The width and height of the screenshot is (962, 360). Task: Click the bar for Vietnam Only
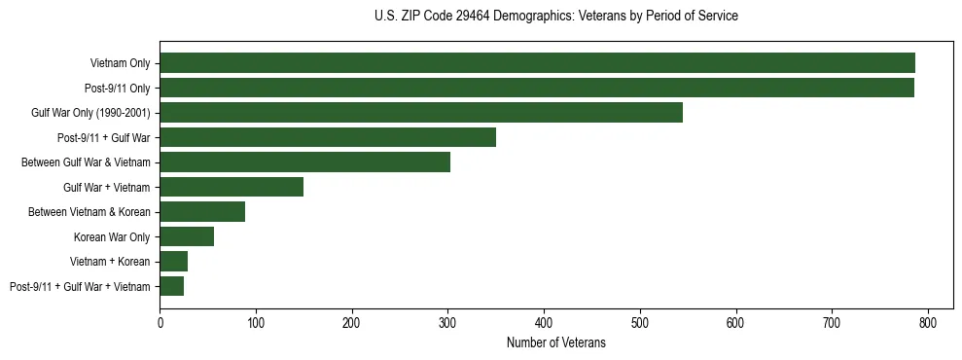[x=537, y=63]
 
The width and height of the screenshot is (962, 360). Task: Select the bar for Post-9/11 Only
[x=537, y=88]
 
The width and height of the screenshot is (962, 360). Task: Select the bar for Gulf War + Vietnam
[x=232, y=187]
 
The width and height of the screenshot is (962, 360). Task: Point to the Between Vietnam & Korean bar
[x=202, y=212]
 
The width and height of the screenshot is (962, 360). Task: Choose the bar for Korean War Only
[x=187, y=236]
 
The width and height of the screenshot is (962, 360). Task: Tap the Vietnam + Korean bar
[x=174, y=262]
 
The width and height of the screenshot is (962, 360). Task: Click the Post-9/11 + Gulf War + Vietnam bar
[x=172, y=286]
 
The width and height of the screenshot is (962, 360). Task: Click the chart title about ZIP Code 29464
[x=555, y=17]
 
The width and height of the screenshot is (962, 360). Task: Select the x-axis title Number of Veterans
[x=555, y=342]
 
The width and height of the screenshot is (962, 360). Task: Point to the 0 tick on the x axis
[x=160, y=321]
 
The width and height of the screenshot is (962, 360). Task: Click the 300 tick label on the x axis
[x=447, y=321]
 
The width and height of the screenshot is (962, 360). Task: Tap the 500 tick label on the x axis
[x=640, y=321]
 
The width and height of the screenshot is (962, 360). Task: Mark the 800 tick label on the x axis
[x=928, y=321]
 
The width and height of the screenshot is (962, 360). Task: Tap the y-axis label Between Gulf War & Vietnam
[x=86, y=162]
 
